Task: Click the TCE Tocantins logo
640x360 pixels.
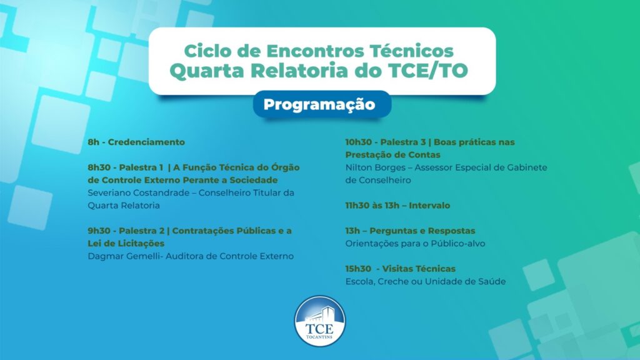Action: tap(320, 321)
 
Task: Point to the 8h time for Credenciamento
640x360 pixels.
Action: tap(94, 142)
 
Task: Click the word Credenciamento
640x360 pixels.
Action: tap(146, 142)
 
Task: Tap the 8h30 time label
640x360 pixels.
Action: tap(99, 167)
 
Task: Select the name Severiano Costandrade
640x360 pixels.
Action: tap(138, 192)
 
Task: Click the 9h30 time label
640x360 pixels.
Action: tap(99, 231)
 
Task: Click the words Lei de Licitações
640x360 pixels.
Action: tap(126, 244)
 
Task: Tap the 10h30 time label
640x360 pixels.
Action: tap(359, 142)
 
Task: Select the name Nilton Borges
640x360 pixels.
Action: tap(376, 167)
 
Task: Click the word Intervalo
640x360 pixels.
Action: tap(429, 205)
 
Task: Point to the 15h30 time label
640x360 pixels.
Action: tap(358, 269)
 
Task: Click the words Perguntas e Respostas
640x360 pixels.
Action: tap(422, 231)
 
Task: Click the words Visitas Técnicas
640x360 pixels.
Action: tap(419, 269)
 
